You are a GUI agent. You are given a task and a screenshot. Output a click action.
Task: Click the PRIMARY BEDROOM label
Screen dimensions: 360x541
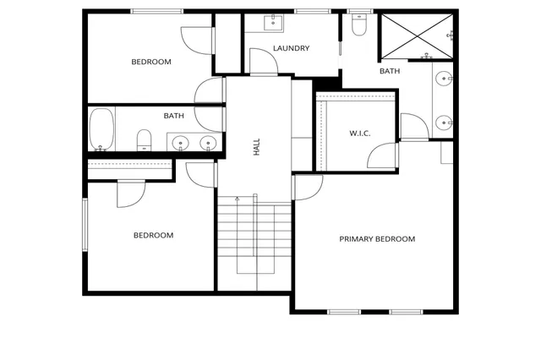tap(377, 239)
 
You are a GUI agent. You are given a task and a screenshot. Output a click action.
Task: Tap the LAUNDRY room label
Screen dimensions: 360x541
tap(291, 48)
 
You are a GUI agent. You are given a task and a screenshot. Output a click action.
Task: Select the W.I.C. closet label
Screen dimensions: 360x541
tap(360, 134)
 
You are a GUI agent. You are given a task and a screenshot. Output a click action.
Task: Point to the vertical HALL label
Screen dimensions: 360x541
tap(256, 148)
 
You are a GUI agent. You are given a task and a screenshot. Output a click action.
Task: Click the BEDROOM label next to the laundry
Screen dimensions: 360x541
tap(151, 62)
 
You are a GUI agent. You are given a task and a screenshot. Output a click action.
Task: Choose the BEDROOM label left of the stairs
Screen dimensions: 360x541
tap(153, 235)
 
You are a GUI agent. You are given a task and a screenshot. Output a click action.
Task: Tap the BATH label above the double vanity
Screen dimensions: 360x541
tap(173, 116)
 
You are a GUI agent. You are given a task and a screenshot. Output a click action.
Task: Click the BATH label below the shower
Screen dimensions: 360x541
tap(389, 71)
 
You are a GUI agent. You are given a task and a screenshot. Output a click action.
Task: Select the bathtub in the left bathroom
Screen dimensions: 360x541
tap(101, 128)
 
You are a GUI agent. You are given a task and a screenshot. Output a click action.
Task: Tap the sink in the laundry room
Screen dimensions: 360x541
tap(275, 22)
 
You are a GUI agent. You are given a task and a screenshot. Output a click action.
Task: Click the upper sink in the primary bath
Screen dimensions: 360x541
tap(444, 81)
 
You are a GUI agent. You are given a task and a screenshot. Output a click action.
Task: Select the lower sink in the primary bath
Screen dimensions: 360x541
tap(444, 123)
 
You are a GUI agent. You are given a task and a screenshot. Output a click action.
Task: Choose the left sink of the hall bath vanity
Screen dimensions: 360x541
tap(180, 143)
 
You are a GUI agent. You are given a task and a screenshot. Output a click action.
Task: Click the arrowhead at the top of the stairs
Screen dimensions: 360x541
tap(237, 199)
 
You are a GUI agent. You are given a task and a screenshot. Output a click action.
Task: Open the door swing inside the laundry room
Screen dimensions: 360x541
tap(260, 61)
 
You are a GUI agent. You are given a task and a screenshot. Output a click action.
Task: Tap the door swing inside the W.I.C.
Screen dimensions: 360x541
tap(384, 155)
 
